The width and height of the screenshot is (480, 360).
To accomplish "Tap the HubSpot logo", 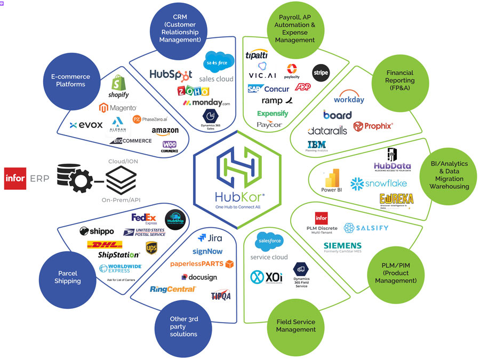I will click(171, 76).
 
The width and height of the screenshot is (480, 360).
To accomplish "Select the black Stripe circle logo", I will click(321, 73).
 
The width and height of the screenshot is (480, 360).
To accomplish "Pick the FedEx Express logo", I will click(144, 219).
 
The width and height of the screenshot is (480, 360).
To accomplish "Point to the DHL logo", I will click(105, 244).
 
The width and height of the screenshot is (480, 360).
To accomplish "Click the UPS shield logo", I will click(151, 247).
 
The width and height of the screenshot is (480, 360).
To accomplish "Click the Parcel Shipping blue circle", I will click(68, 277).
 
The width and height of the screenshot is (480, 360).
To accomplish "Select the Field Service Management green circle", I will click(295, 325).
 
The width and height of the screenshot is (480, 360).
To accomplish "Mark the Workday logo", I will click(349, 99).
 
